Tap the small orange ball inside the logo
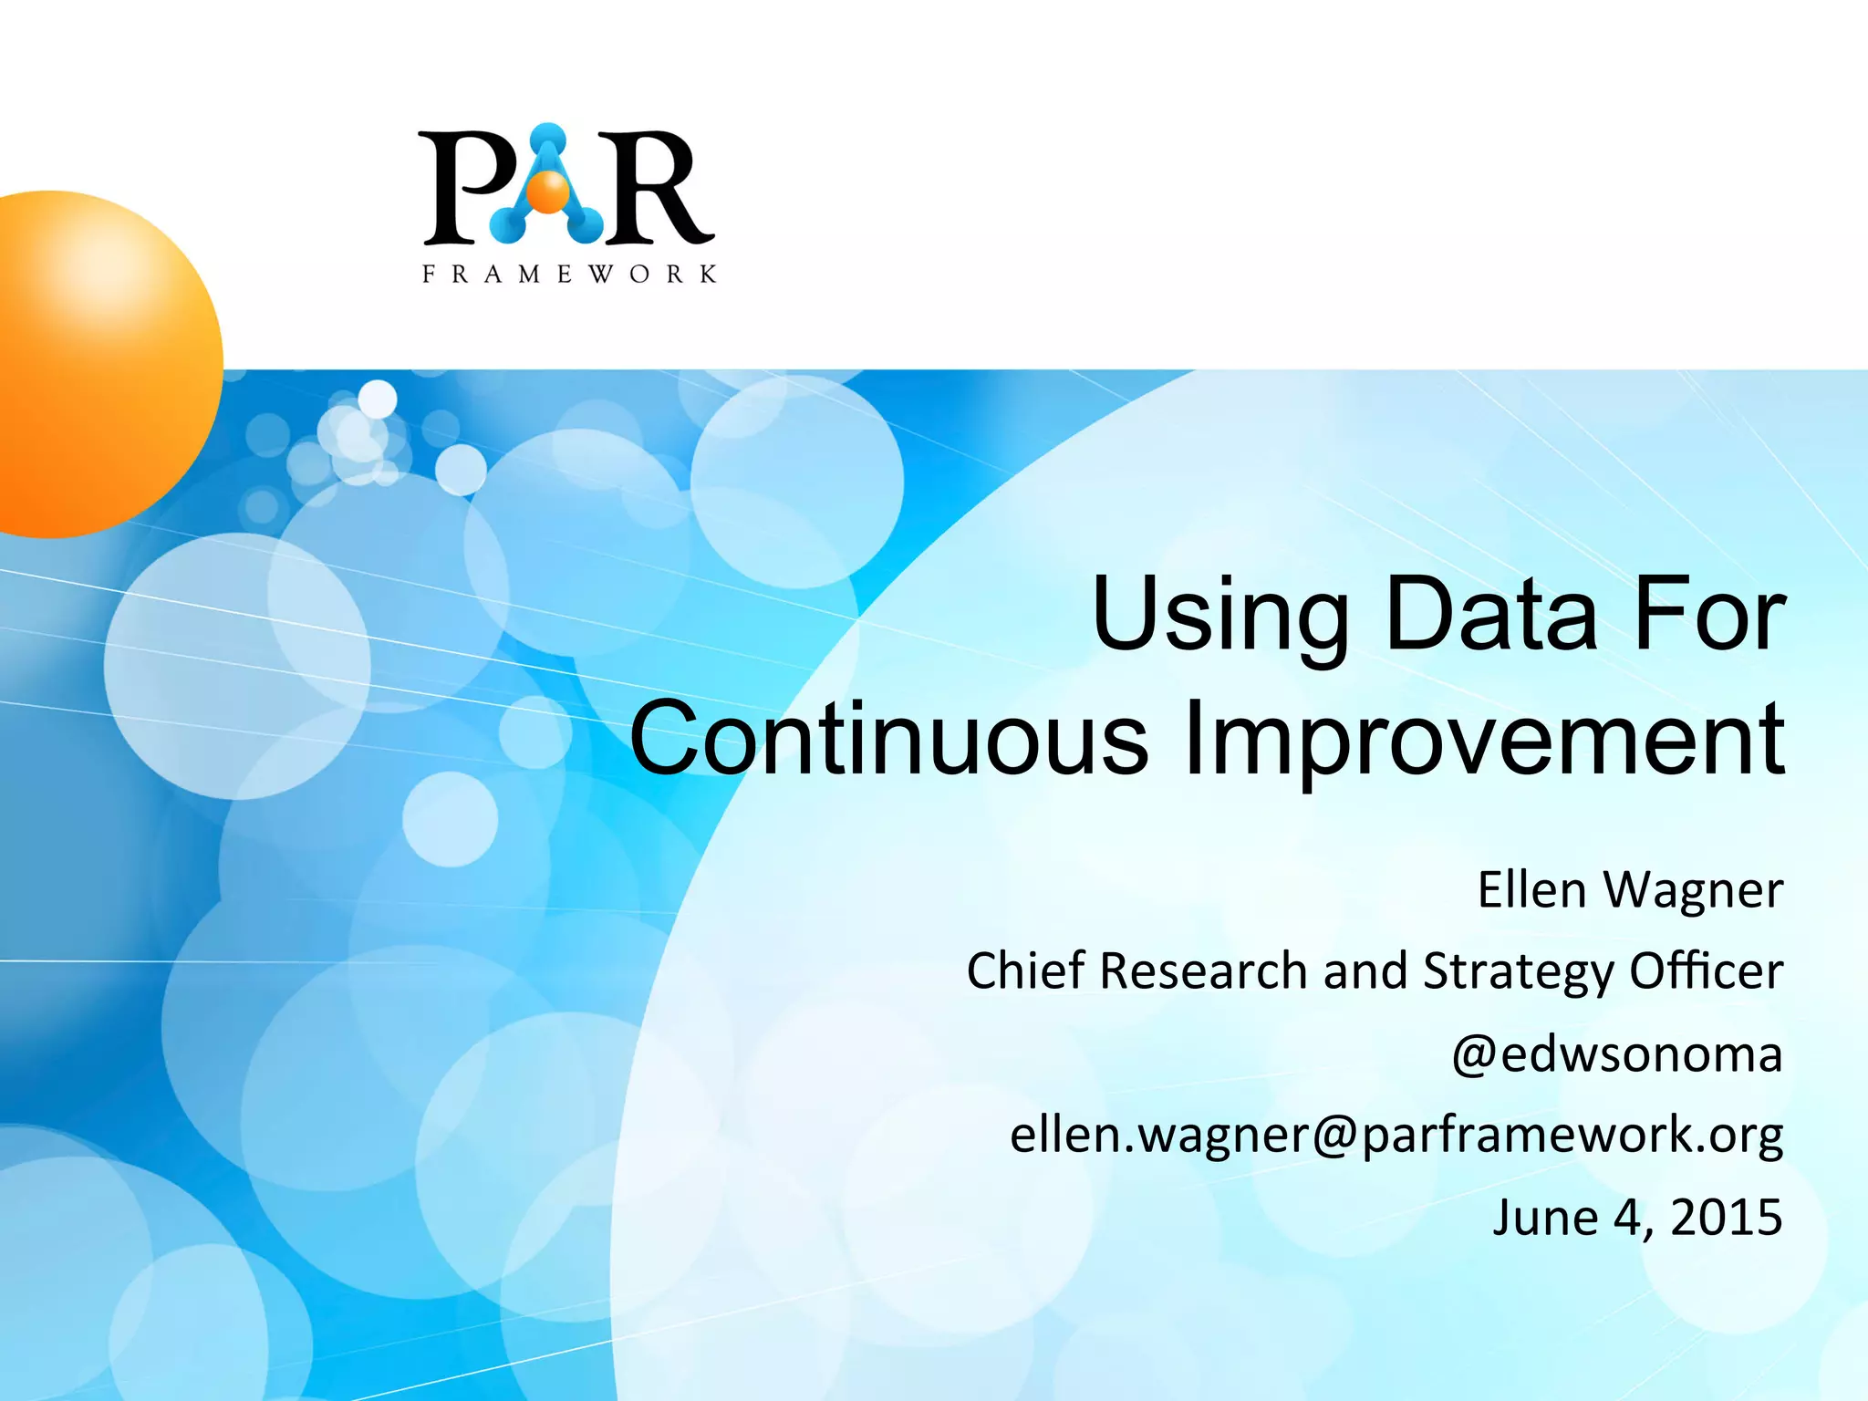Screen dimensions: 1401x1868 549,192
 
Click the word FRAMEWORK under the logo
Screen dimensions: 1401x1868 569,274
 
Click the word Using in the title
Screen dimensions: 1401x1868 1219,616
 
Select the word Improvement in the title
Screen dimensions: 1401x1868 1484,739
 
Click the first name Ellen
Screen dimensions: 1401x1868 1531,889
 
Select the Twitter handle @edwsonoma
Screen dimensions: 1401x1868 1616,1054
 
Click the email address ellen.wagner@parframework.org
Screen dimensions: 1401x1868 1396,1136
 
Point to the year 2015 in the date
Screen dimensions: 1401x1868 1726,1217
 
